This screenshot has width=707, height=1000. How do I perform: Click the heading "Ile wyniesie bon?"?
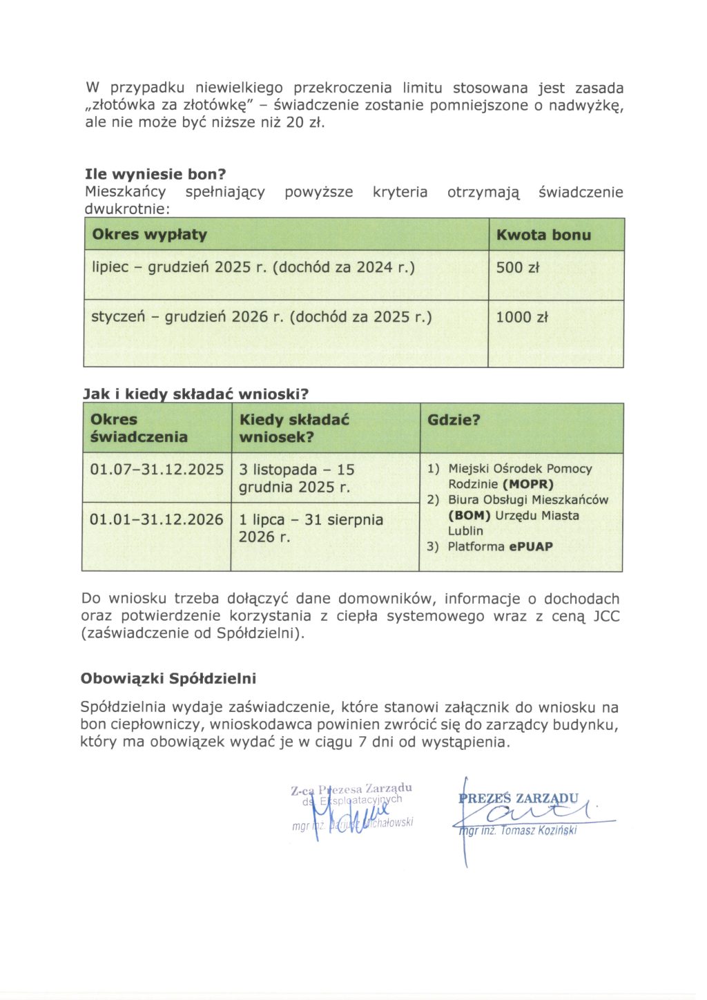(x=155, y=174)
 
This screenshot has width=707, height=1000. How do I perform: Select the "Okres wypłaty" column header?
(x=149, y=235)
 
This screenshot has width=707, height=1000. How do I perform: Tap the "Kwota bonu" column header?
(x=543, y=235)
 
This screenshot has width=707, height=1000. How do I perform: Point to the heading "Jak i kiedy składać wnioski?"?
(x=195, y=394)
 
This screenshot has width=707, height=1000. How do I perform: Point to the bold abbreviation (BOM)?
(x=469, y=515)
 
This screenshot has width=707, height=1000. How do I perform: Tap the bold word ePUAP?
(x=531, y=546)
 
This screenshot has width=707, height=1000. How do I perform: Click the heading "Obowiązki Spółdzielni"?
(x=168, y=678)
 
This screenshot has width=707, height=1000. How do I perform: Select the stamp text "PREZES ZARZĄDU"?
(x=519, y=798)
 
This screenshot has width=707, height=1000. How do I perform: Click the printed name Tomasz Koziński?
(x=539, y=830)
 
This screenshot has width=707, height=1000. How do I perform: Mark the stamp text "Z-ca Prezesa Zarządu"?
(x=351, y=789)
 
